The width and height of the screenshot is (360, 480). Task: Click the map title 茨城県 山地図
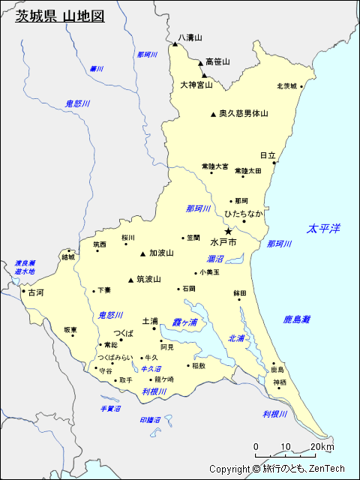[60, 16]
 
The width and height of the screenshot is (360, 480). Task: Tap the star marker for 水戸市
[229, 232]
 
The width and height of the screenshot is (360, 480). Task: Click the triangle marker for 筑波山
[131, 280]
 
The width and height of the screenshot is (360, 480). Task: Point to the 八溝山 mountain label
[190, 37]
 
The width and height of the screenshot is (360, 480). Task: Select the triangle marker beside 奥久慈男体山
[213, 115]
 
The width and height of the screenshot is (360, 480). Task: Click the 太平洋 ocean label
[324, 228]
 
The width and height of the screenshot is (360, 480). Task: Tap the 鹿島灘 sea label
[297, 319]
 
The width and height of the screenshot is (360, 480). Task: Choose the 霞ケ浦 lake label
[184, 322]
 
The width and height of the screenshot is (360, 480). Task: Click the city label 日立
[268, 154]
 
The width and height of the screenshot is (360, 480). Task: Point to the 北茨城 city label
[286, 85]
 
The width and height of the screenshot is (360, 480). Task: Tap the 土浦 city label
[149, 320]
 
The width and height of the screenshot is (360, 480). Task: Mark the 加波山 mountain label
[161, 253]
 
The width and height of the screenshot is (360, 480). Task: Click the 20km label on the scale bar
[322, 447]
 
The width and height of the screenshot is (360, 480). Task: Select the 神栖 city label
[280, 382]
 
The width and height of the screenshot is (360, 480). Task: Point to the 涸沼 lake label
[216, 258]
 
